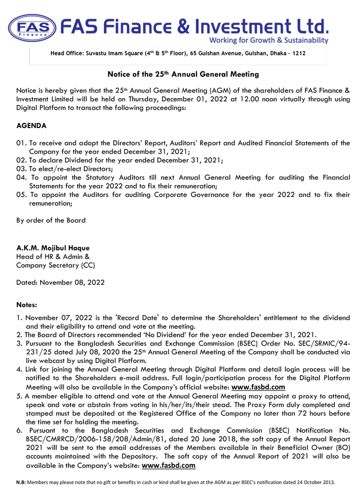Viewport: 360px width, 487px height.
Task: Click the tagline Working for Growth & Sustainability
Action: [268, 41]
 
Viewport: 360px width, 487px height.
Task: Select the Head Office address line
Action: [178, 53]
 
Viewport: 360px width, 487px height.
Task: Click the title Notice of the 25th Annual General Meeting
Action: [179, 75]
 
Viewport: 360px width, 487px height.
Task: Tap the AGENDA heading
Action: [31, 125]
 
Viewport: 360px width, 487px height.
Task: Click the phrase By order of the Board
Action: [51, 221]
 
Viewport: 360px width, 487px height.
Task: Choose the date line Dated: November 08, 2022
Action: [60, 282]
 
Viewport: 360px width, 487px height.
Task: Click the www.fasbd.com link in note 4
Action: [258, 387]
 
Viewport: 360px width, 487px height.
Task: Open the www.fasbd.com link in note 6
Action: [169, 466]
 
